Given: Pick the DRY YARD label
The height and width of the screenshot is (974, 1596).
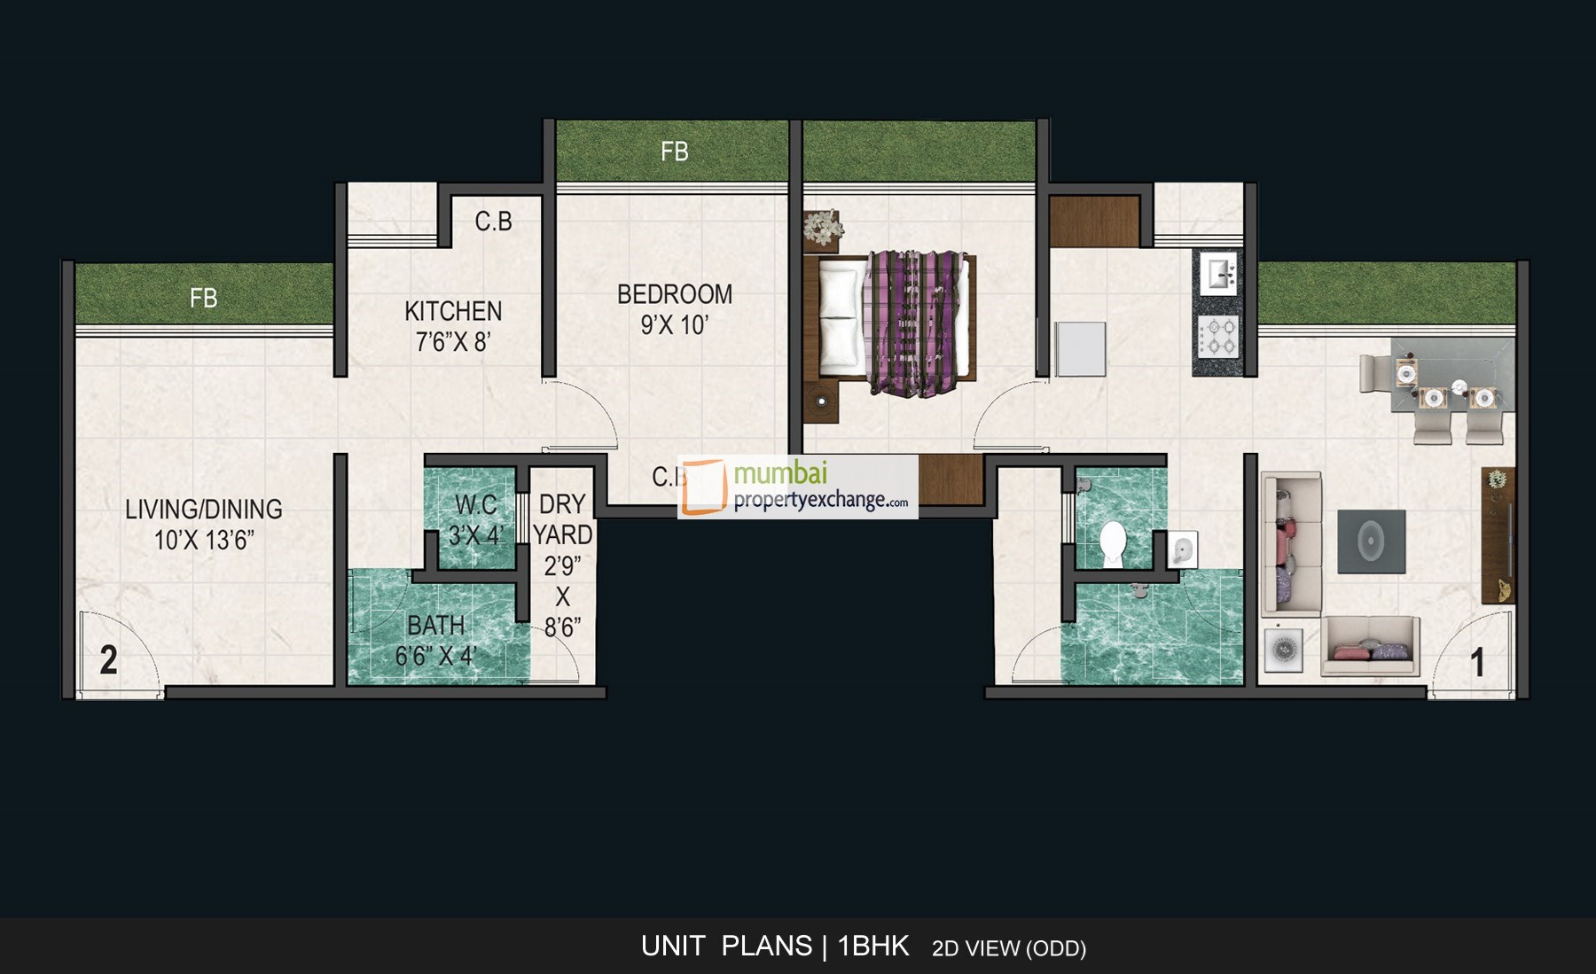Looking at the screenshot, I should pyautogui.click(x=562, y=519).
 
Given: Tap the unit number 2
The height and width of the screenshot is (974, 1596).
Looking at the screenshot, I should pyautogui.click(x=108, y=660).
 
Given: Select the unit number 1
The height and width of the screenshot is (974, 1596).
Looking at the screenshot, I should pyautogui.click(x=1477, y=663).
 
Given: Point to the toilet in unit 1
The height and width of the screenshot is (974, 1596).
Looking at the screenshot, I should pyautogui.click(x=1113, y=542).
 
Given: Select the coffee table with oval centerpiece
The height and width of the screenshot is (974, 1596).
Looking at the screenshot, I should pyautogui.click(x=1371, y=541).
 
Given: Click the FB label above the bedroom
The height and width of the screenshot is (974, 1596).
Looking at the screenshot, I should pyautogui.click(x=674, y=152).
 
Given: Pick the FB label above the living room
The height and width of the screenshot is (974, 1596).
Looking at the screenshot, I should pyautogui.click(x=203, y=298).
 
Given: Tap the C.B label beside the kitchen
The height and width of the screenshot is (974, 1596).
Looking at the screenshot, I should pyautogui.click(x=493, y=221).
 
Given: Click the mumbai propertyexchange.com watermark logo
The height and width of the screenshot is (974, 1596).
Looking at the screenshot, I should pyautogui.click(x=797, y=487).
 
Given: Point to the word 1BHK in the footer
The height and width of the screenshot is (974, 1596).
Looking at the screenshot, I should pyautogui.click(x=873, y=947).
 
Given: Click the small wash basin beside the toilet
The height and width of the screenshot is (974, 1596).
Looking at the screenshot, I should pyautogui.click(x=1182, y=549).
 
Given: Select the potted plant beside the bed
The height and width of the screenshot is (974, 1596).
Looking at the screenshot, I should pyautogui.click(x=824, y=229).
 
